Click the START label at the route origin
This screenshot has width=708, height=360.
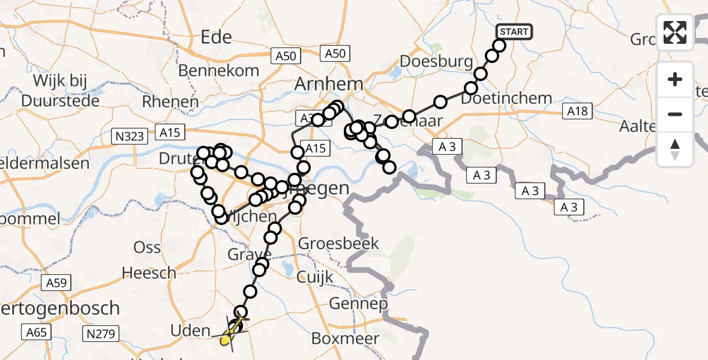coord(514,32)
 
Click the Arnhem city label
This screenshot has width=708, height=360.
coord(328,85)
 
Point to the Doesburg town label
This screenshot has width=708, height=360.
coord(428,62)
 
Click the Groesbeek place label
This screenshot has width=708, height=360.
coord(338,244)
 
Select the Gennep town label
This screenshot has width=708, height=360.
coord(358,304)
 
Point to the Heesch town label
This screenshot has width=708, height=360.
coord(149,274)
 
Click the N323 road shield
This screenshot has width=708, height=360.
coord(130,136)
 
